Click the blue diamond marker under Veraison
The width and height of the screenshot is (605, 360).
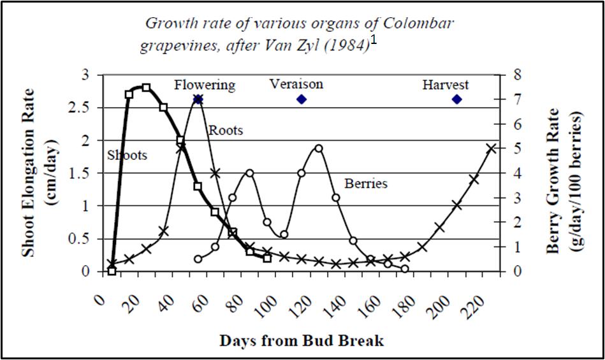[x=302, y=99]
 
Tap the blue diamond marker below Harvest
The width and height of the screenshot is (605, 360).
[x=456, y=99]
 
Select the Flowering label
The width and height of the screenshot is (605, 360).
[x=205, y=85]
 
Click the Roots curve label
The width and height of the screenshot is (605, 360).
[x=226, y=131]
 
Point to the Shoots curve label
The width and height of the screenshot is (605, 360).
[x=127, y=155]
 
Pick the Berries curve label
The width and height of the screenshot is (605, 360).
[x=366, y=184]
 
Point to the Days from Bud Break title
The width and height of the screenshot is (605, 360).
[x=302, y=341]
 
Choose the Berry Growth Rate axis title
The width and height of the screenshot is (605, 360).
[x=565, y=180]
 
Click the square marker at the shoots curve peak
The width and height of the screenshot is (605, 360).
[x=146, y=87]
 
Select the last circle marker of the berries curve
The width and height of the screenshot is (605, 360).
[x=405, y=269]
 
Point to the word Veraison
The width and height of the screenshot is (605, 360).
[x=296, y=84]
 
